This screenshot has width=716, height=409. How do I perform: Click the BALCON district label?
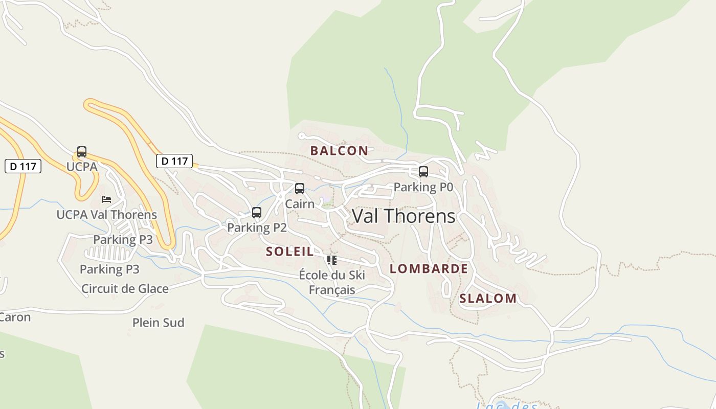(339, 150)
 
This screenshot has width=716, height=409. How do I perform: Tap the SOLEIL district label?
(290, 251)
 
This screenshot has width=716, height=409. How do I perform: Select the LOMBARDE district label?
(429, 268)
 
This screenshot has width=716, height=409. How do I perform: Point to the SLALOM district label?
(488, 299)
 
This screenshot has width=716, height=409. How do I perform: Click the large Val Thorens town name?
(404, 216)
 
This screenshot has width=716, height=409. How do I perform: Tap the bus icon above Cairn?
(300, 189)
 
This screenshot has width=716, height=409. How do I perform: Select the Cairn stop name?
(300, 203)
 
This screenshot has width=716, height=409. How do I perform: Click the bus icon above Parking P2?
(257, 213)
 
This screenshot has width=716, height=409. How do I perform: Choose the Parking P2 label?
(257, 228)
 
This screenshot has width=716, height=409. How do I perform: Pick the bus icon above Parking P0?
(423, 172)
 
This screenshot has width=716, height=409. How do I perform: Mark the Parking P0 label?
(423, 187)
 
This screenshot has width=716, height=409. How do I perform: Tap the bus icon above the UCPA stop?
(82, 152)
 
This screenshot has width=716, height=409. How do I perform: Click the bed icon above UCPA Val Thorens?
(106, 199)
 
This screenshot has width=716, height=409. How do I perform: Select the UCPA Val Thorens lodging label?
(106, 215)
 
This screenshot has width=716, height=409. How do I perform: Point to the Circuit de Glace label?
(125, 288)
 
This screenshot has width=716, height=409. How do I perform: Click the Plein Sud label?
(158, 323)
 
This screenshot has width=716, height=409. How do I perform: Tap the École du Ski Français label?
(332, 282)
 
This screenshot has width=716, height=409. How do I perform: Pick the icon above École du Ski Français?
(332, 260)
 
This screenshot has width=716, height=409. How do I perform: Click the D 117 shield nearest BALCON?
(174, 161)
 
